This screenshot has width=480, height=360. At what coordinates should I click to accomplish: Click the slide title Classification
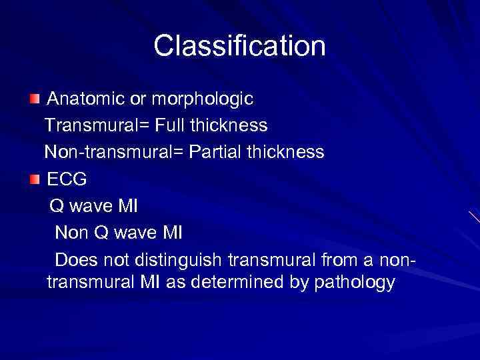(239, 46)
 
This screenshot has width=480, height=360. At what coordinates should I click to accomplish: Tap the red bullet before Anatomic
(35, 99)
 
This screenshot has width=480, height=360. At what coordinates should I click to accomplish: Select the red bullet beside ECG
(35, 179)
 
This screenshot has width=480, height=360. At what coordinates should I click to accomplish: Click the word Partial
(217, 152)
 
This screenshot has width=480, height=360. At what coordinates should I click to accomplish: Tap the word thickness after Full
(231, 125)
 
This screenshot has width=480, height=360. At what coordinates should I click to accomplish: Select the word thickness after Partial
(287, 152)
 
